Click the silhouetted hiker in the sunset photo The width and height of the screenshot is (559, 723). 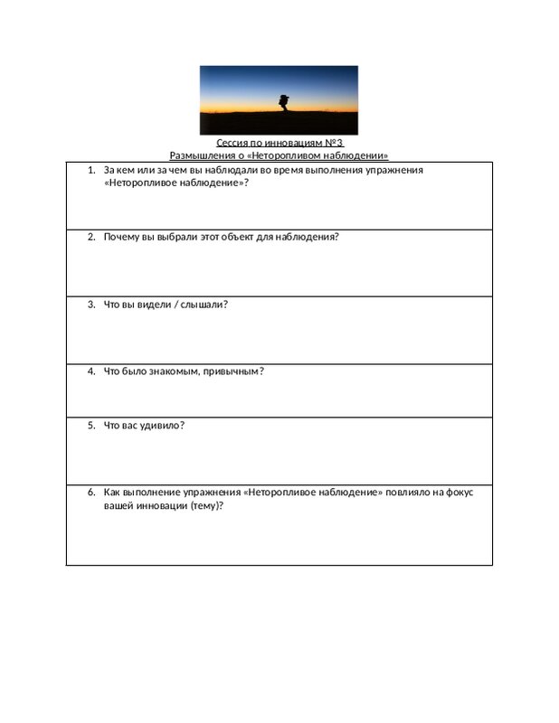(x=283, y=102)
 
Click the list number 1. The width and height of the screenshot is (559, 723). (x=91, y=170)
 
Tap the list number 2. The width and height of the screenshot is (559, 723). (x=91, y=237)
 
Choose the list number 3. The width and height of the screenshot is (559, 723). (x=91, y=304)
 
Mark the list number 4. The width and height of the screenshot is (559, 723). (x=91, y=371)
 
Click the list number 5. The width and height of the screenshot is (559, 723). (x=91, y=425)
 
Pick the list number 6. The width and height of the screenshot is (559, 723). (x=91, y=492)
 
